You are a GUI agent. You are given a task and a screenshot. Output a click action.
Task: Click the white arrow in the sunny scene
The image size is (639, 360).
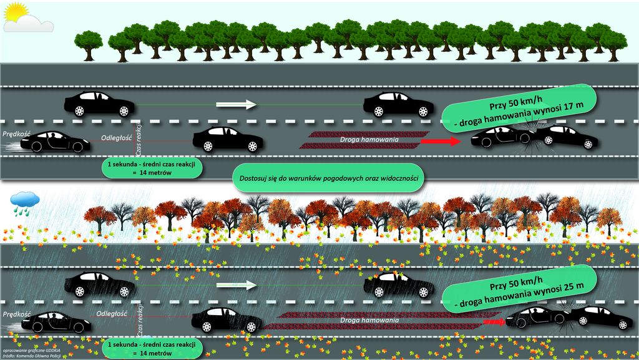[237, 104]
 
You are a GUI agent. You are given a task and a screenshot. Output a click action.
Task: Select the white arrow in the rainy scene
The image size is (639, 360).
[237, 285]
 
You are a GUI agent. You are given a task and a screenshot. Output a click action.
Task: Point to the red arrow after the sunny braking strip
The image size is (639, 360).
[440, 142]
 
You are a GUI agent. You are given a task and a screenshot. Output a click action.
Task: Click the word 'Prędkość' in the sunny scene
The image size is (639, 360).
[16, 134]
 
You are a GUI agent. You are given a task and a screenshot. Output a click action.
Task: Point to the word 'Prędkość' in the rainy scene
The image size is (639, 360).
[16, 313]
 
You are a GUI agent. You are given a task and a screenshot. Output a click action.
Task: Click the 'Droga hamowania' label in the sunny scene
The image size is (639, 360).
[365, 139]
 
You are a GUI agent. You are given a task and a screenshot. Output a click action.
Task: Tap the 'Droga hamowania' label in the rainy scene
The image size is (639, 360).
[370, 321]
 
